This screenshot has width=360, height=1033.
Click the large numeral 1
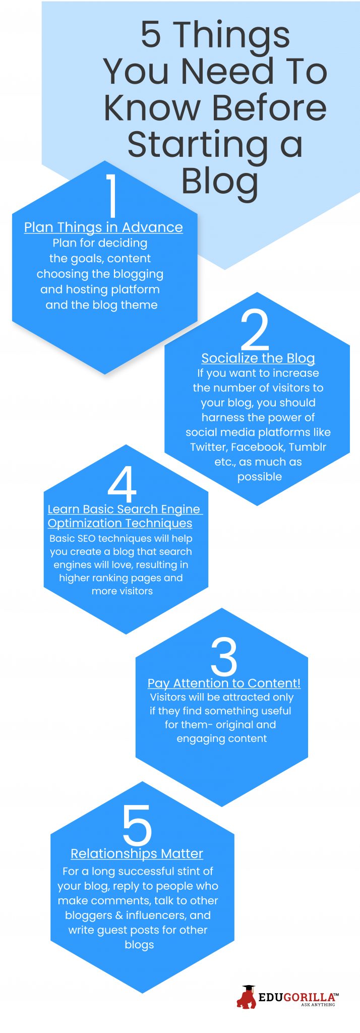tap(112, 195)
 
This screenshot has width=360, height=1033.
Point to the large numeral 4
tap(122, 484)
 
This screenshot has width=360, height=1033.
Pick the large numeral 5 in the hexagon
tap(137, 825)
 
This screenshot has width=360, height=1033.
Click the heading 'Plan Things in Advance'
tap(103, 227)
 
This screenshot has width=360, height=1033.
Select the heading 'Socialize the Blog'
tap(258, 358)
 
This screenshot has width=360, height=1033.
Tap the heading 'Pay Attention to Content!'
tap(224, 683)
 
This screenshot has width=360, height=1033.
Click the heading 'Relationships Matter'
tap(137, 853)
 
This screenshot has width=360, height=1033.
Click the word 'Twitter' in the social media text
tap(208, 447)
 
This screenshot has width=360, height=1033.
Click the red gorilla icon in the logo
tap(247, 997)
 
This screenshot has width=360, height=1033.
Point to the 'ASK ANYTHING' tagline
tap(318, 1004)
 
